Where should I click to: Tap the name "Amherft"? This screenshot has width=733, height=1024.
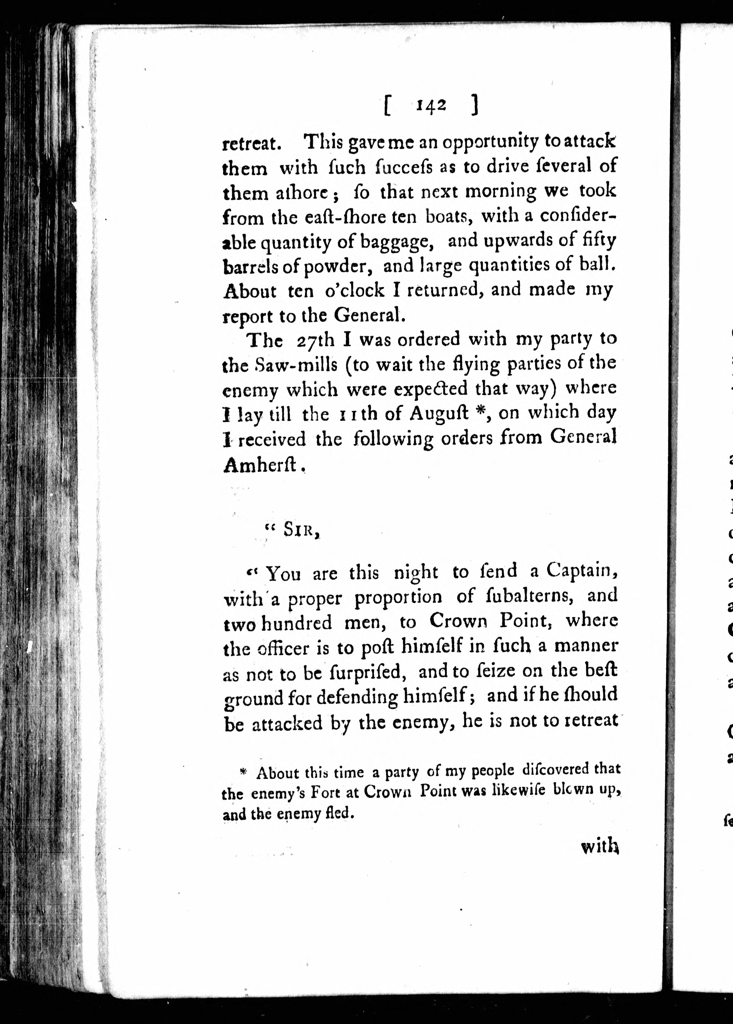click(260, 465)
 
